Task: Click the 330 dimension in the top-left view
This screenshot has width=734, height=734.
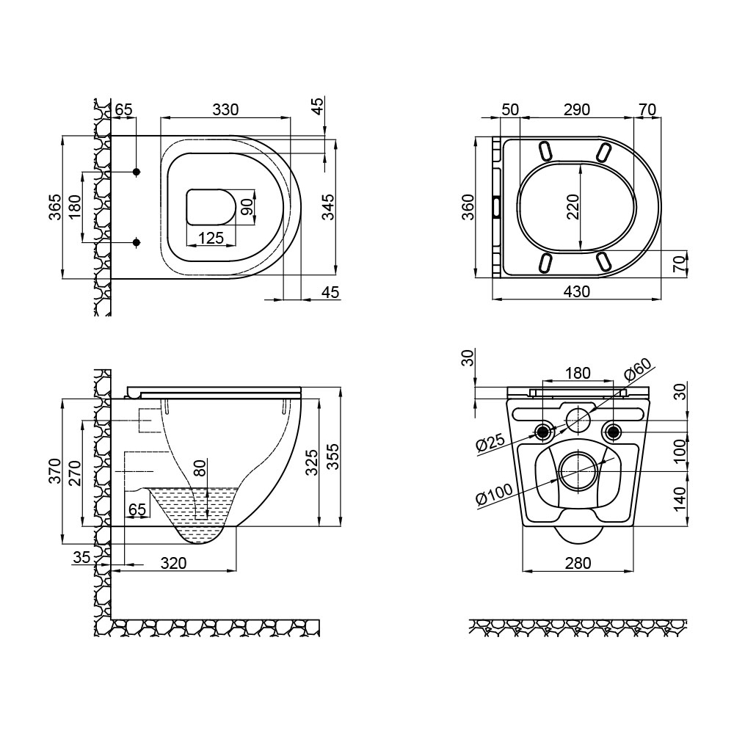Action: click(x=225, y=109)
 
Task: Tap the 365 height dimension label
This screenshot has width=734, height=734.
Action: click(x=55, y=207)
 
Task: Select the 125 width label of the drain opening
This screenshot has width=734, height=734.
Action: click(x=211, y=238)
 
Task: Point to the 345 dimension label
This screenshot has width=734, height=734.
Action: click(x=329, y=207)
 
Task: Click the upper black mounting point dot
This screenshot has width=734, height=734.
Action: click(x=137, y=172)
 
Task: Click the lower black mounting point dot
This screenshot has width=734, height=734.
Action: click(x=137, y=242)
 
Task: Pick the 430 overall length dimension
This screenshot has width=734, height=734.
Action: click(x=576, y=291)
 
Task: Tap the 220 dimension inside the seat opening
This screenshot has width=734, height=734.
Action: click(x=573, y=206)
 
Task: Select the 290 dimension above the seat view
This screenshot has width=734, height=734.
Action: click(x=576, y=109)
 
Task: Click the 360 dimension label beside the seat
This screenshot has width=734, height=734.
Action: click(x=468, y=207)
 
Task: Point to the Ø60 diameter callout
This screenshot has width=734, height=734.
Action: click(x=638, y=368)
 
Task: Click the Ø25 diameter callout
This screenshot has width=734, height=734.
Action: click(x=490, y=443)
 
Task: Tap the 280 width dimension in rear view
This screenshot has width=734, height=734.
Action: click(x=578, y=563)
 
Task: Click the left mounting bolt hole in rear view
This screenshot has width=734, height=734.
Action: click(x=543, y=431)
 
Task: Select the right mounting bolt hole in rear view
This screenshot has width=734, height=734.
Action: click(x=612, y=431)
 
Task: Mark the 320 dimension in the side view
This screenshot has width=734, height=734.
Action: click(x=173, y=563)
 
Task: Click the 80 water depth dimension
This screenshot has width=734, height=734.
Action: click(x=200, y=468)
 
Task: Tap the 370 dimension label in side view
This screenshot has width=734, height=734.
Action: click(x=55, y=471)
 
